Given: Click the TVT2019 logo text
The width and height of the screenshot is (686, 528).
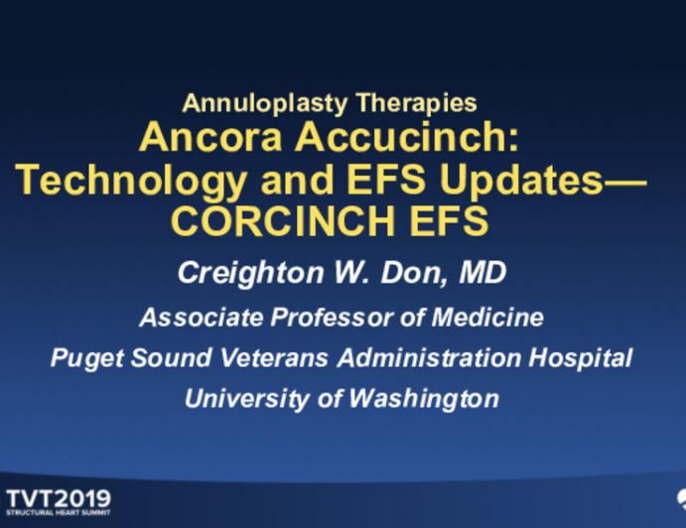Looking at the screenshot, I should click(x=59, y=498).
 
